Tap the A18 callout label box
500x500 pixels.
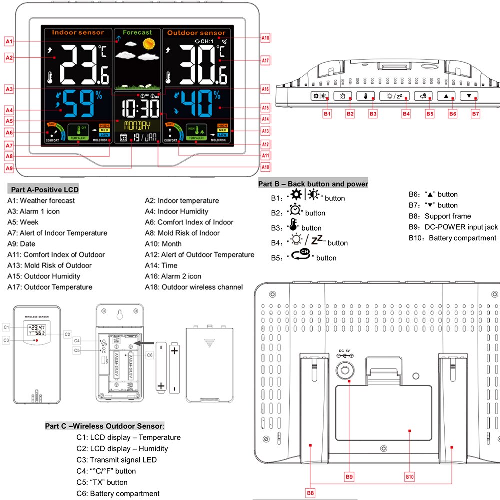265,38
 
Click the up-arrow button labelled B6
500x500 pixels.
446,96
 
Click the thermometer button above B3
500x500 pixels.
366,96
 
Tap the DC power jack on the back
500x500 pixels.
345,371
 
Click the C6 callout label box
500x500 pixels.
149,355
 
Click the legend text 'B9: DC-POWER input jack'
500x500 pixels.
453,227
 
